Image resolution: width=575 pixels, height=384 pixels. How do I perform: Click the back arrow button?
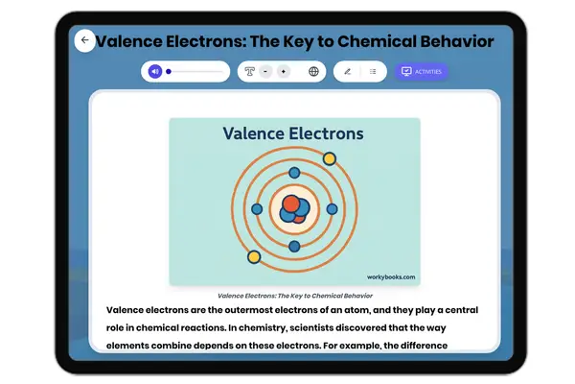coord(84,40)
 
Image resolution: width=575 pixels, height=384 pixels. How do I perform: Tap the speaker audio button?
coord(155,71)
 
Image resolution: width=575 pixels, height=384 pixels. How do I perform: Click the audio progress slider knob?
coord(169,71)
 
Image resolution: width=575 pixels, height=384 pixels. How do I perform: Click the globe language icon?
coord(313,71)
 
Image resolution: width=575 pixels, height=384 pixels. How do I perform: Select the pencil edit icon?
coord(347,71)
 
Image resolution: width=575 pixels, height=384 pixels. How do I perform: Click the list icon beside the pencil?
coord(373,71)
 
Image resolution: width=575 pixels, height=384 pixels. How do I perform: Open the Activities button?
coord(421,71)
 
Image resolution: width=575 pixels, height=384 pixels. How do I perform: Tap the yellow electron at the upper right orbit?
coord(329,157)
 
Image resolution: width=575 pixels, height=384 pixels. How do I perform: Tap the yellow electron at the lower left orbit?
coord(254,256)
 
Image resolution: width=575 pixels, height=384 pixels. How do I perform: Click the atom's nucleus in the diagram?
coord(294,208)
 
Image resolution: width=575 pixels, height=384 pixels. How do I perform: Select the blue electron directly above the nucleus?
coord(294,170)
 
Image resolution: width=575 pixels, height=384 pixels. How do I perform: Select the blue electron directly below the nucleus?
coord(294,247)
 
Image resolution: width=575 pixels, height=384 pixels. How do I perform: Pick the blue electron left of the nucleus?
coord(257,208)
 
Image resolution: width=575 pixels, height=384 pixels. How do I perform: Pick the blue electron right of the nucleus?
coord(332,208)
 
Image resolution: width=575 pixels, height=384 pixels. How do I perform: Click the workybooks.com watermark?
coord(391,276)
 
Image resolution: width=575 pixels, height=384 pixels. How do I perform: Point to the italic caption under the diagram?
coord(294,296)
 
